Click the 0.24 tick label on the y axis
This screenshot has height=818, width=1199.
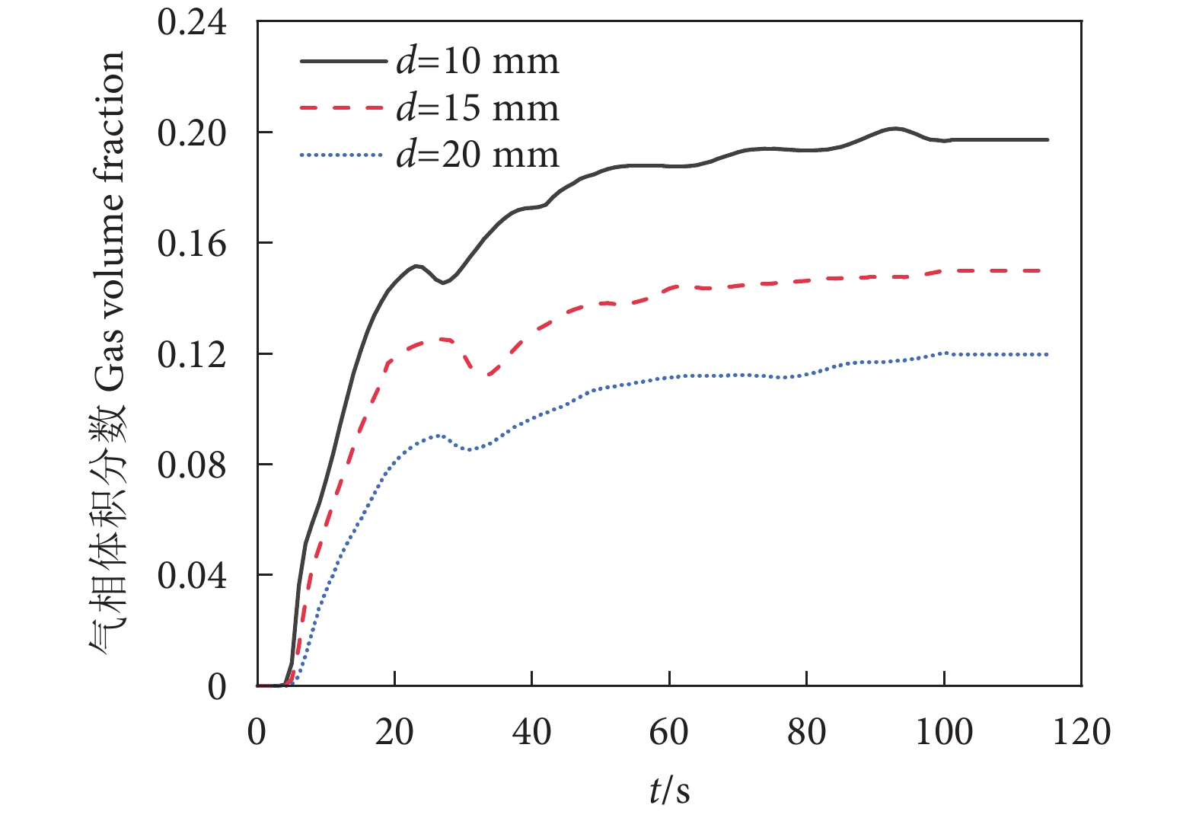click(x=192, y=22)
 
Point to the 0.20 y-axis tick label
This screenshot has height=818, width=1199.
click(x=192, y=133)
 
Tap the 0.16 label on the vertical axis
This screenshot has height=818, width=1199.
click(x=192, y=244)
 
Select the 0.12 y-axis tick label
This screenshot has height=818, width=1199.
click(x=192, y=355)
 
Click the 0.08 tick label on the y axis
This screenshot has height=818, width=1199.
click(x=192, y=465)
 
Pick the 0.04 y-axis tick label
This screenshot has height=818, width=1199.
click(x=192, y=576)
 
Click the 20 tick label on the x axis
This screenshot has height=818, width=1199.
click(x=394, y=732)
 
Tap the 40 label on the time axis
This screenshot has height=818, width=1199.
click(x=531, y=732)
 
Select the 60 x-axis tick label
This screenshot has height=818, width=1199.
click(x=669, y=732)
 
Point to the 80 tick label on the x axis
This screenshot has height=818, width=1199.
click(x=806, y=732)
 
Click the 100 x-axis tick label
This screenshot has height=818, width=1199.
click(x=944, y=732)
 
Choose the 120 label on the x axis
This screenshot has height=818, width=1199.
click(x=1081, y=732)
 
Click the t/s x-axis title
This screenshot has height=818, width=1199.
click(x=670, y=790)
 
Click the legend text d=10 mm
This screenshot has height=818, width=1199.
click(x=477, y=62)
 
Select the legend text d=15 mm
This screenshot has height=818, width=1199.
click(x=477, y=108)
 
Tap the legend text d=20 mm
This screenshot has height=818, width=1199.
click(x=477, y=155)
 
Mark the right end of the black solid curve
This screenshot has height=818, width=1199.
click(x=1048, y=140)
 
